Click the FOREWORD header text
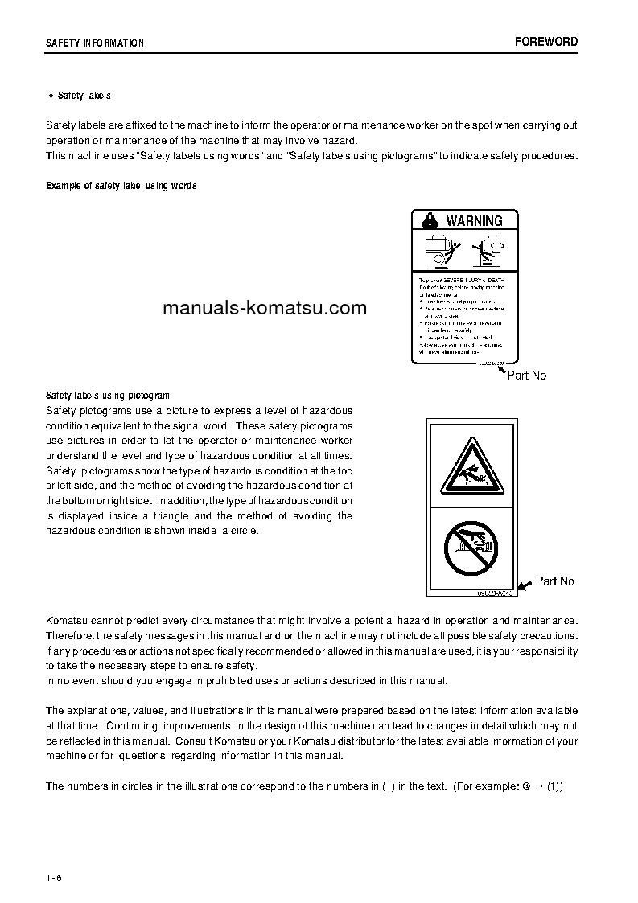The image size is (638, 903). click(x=546, y=42)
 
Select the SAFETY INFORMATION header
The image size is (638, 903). click(x=95, y=43)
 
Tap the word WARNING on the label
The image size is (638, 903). click(x=475, y=220)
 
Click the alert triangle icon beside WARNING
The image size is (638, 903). click(x=430, y=220)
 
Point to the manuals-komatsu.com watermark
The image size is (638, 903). click(x=264, y=308)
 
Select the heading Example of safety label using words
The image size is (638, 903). click(x=121, y=186)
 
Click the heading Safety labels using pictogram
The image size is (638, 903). click(x=108, y=396)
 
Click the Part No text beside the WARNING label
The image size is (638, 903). click(x=527, y=376)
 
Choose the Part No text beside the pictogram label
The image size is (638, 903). click(x=555, y=581)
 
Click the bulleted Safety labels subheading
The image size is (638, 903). click(x=84, y=96)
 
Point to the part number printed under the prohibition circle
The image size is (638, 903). click(x=495, y=593)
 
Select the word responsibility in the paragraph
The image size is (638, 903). click(x=545, y=651)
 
